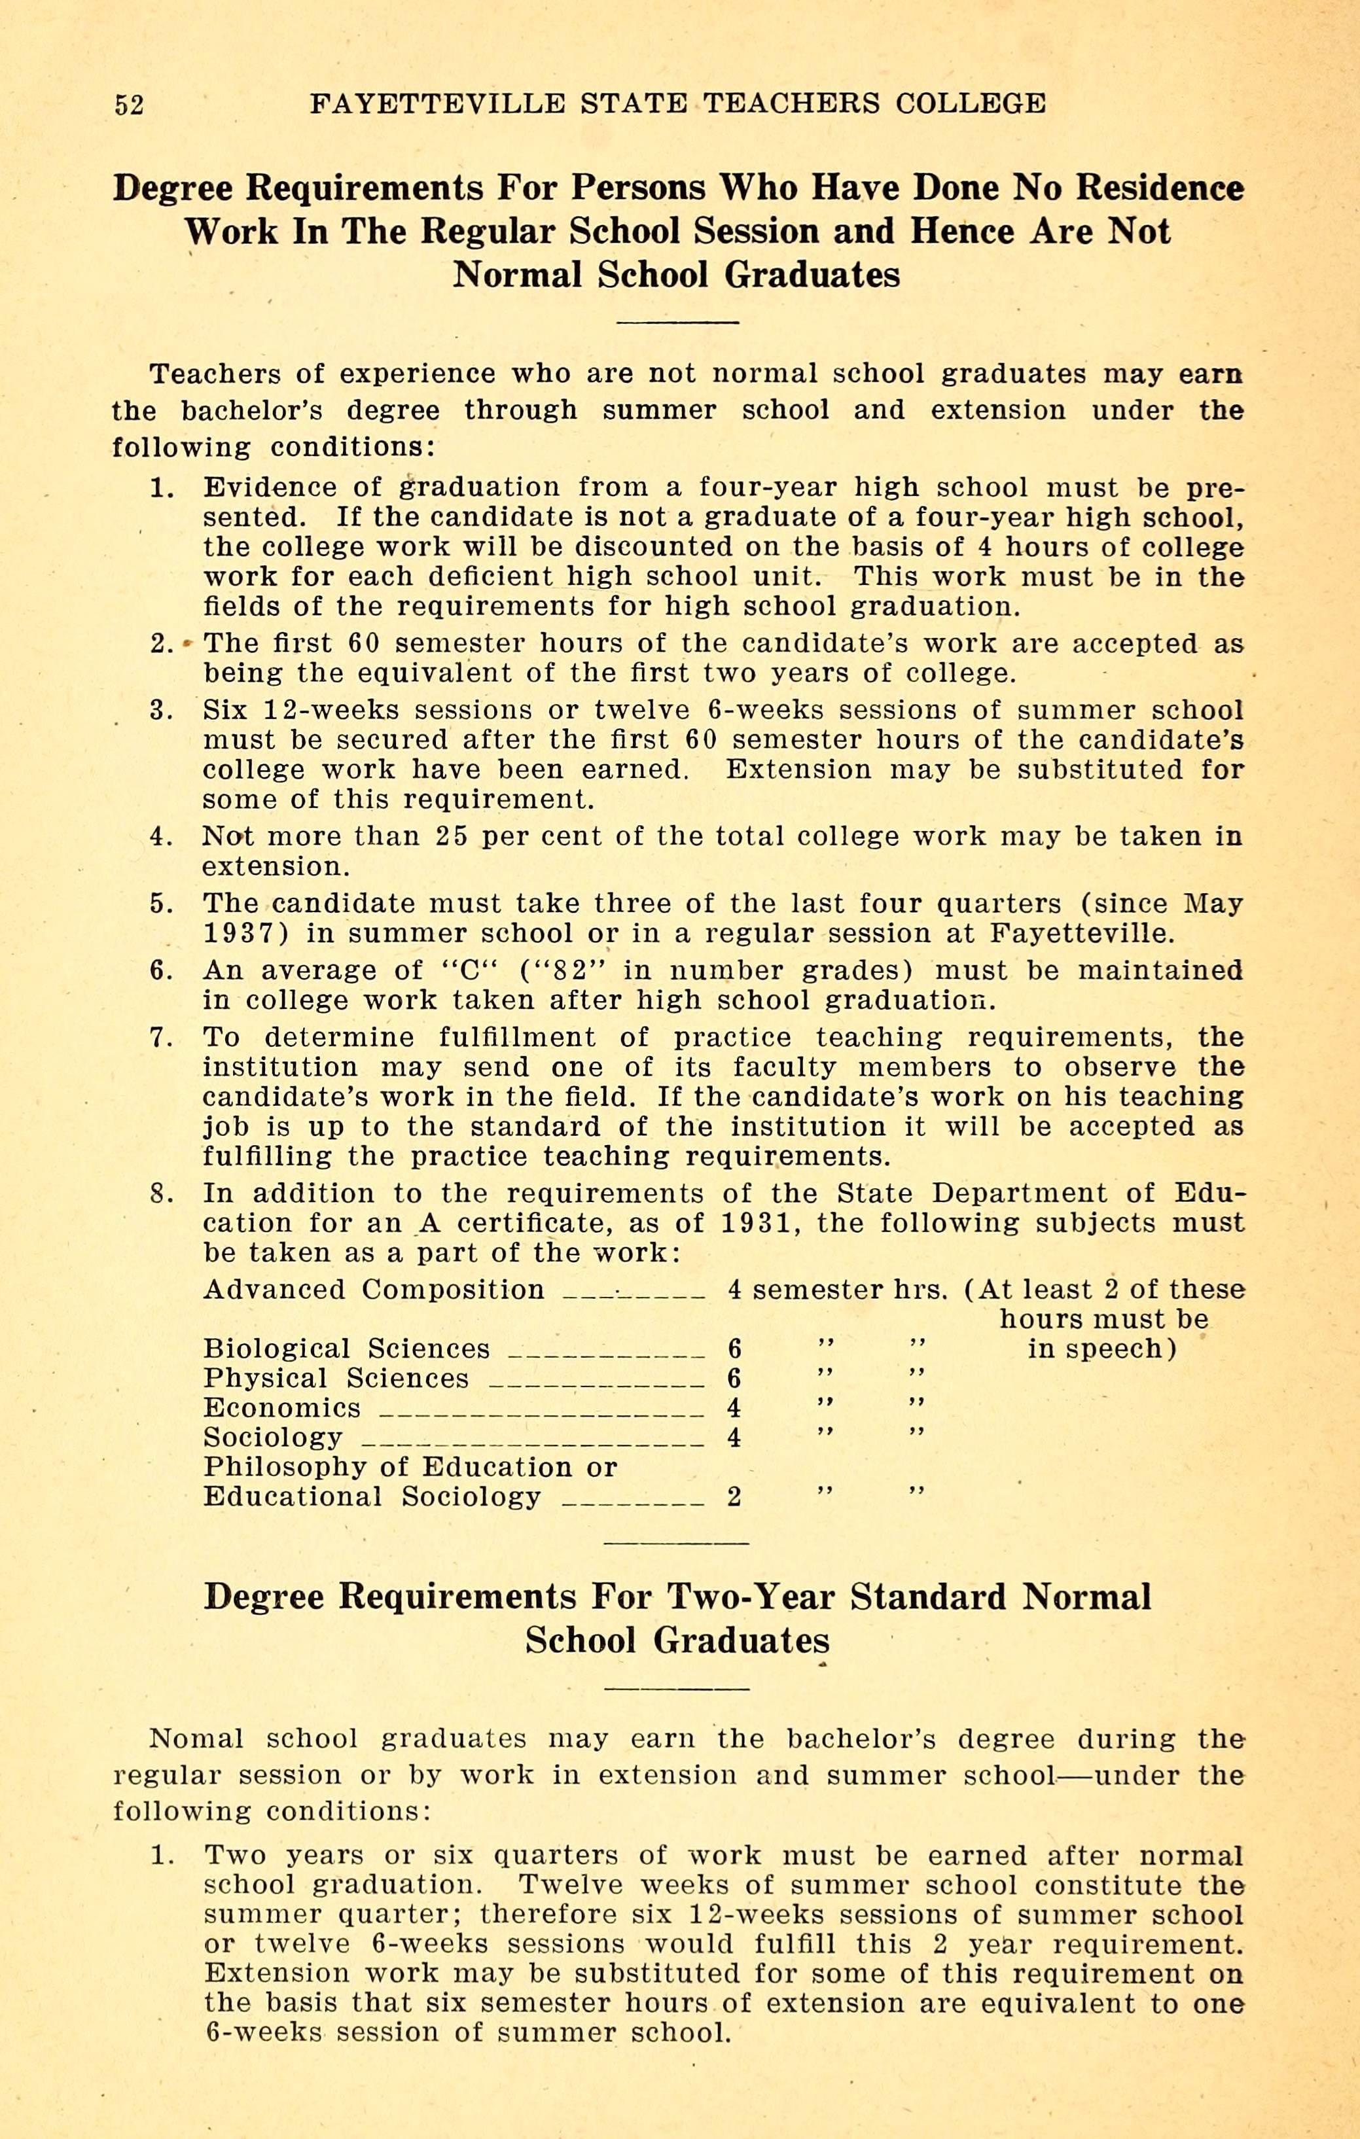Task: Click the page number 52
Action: [129, 105]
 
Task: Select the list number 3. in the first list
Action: [161, 711]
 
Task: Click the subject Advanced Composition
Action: [373, 1291]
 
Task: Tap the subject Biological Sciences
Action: [346, 1350]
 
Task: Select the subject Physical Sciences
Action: [335, 1379]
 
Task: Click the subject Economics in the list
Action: [281, 1409]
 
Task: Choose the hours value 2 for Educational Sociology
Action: [734, 1498]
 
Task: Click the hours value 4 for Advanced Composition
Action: [734, 1291]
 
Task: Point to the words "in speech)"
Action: [1101, 1350]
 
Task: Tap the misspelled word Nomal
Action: [196, 1739]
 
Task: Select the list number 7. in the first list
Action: [161, 1038]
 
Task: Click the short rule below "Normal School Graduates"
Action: [678, 321]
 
